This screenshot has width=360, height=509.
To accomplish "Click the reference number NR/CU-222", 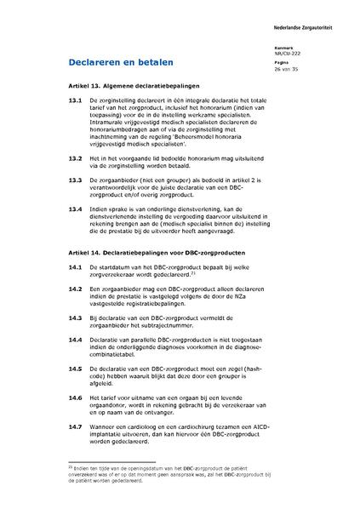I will (311, 53).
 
